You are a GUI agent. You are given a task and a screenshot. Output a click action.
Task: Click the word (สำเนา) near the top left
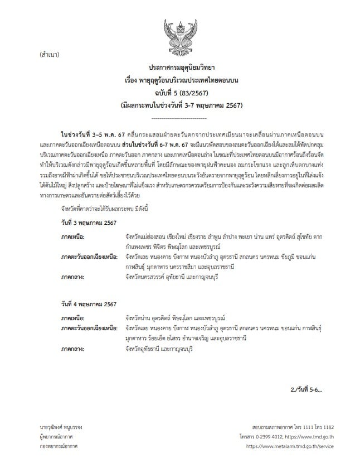click(51, 55)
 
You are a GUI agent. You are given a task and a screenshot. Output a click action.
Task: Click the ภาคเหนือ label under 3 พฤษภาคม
click(74, 253)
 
